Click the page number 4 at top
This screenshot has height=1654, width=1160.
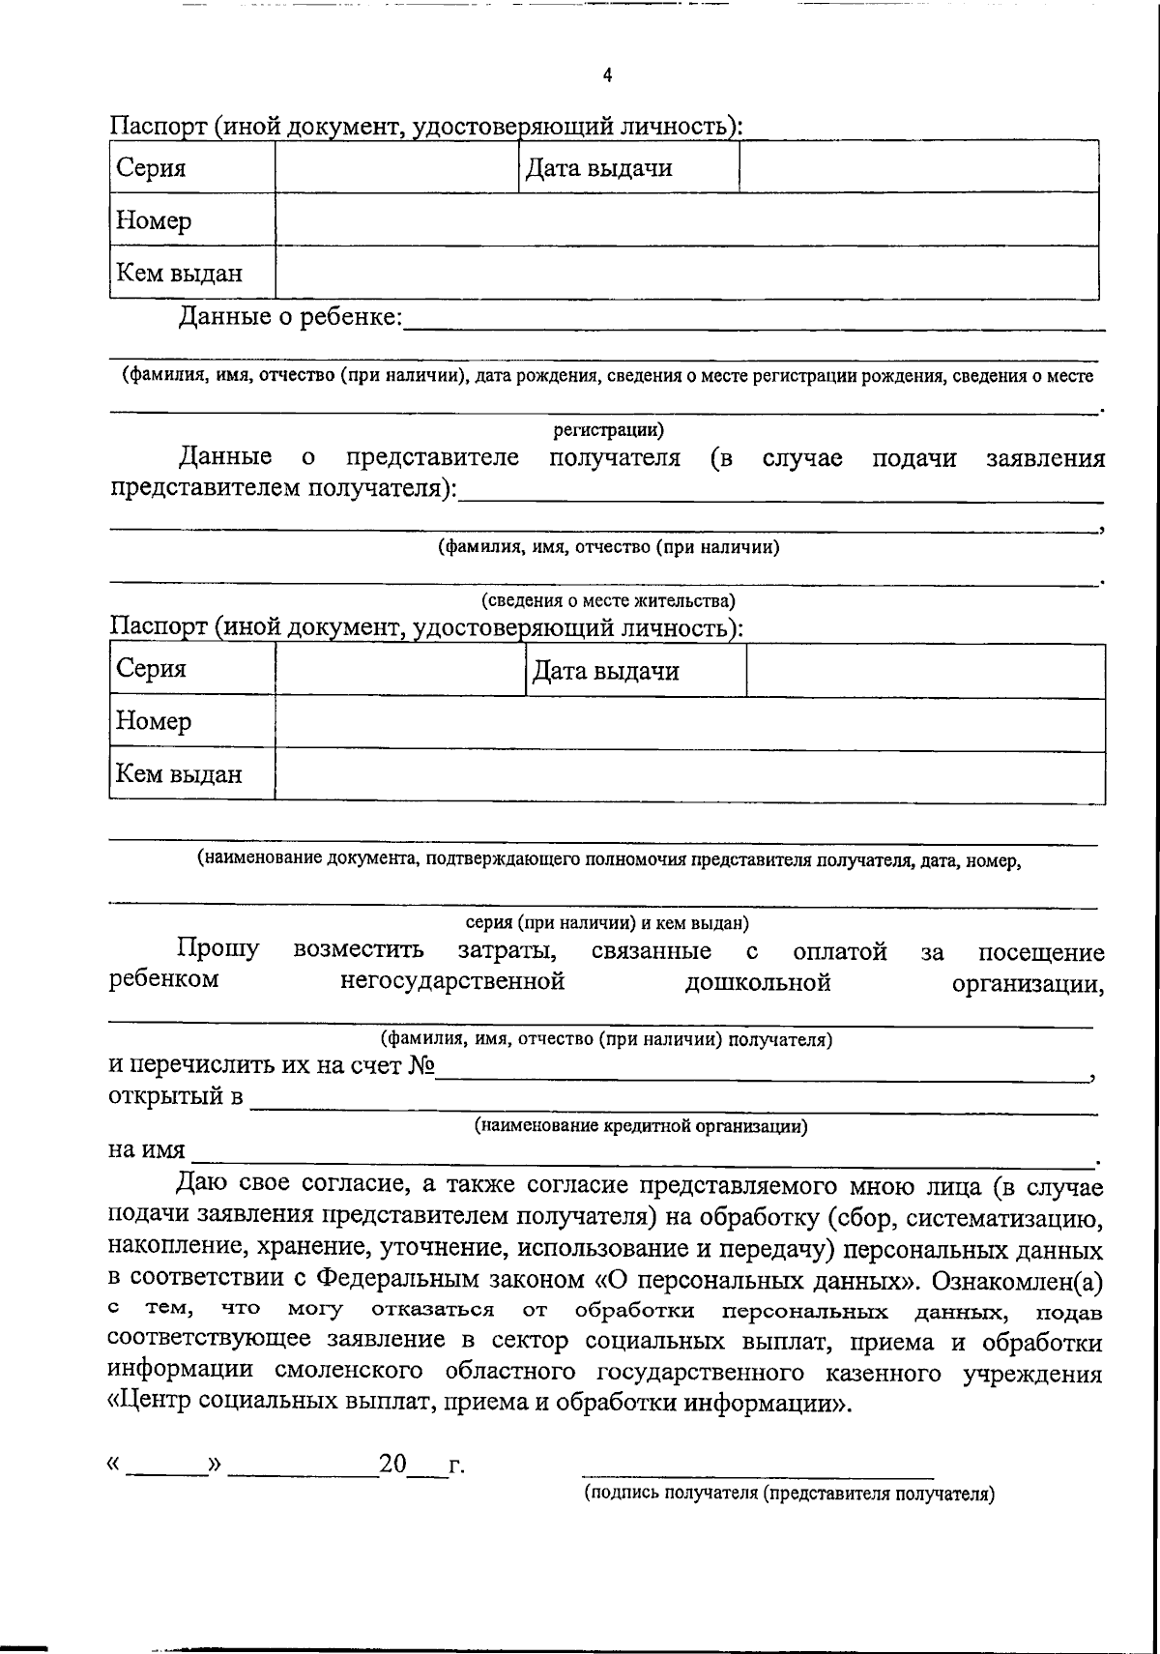pos(607,76)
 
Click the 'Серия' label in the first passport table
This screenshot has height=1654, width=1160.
pos(151,168)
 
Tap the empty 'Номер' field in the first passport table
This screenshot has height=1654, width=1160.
pos(686,220)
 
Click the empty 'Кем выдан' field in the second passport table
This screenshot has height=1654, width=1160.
pos(689,775)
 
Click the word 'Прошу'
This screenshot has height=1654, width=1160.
pos(218,949)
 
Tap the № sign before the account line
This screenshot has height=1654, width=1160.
pos(422,1066)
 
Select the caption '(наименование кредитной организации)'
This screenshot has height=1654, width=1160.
pos(641,1125)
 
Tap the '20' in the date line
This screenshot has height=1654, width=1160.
pos(393,1465)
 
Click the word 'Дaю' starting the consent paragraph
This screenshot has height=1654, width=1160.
pos(202,1185)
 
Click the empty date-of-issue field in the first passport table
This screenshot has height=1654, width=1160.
pos(918,168)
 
